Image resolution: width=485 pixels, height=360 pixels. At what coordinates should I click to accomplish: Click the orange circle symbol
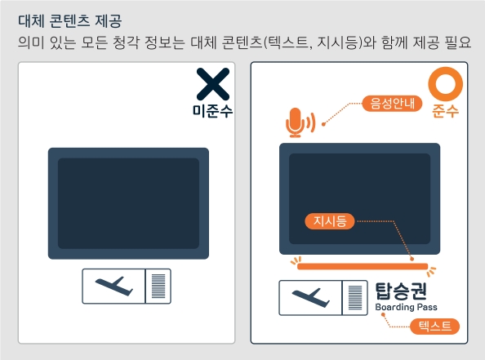[x=446, y=85]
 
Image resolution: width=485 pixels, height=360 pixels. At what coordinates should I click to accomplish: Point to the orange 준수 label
[x=446, y=112]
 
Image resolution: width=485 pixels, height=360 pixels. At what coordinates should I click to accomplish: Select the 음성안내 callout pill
[x=390, y=104]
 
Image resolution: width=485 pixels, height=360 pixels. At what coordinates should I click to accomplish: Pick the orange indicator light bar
[x=361, y=266]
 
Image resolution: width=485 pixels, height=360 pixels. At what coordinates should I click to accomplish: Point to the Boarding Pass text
[x=406, y=308]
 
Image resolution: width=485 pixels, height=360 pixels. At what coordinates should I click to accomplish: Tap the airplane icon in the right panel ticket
[x=310, y=298]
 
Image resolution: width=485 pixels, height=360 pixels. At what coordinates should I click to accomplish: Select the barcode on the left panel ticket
[x=158, y=286]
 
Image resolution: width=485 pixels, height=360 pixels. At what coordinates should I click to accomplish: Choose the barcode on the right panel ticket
[x=354, y=298]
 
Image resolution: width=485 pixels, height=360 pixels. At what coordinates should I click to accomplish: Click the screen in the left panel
[x=128, y=203]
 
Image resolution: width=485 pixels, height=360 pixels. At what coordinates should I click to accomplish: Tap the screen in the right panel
[x=360, y=198]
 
